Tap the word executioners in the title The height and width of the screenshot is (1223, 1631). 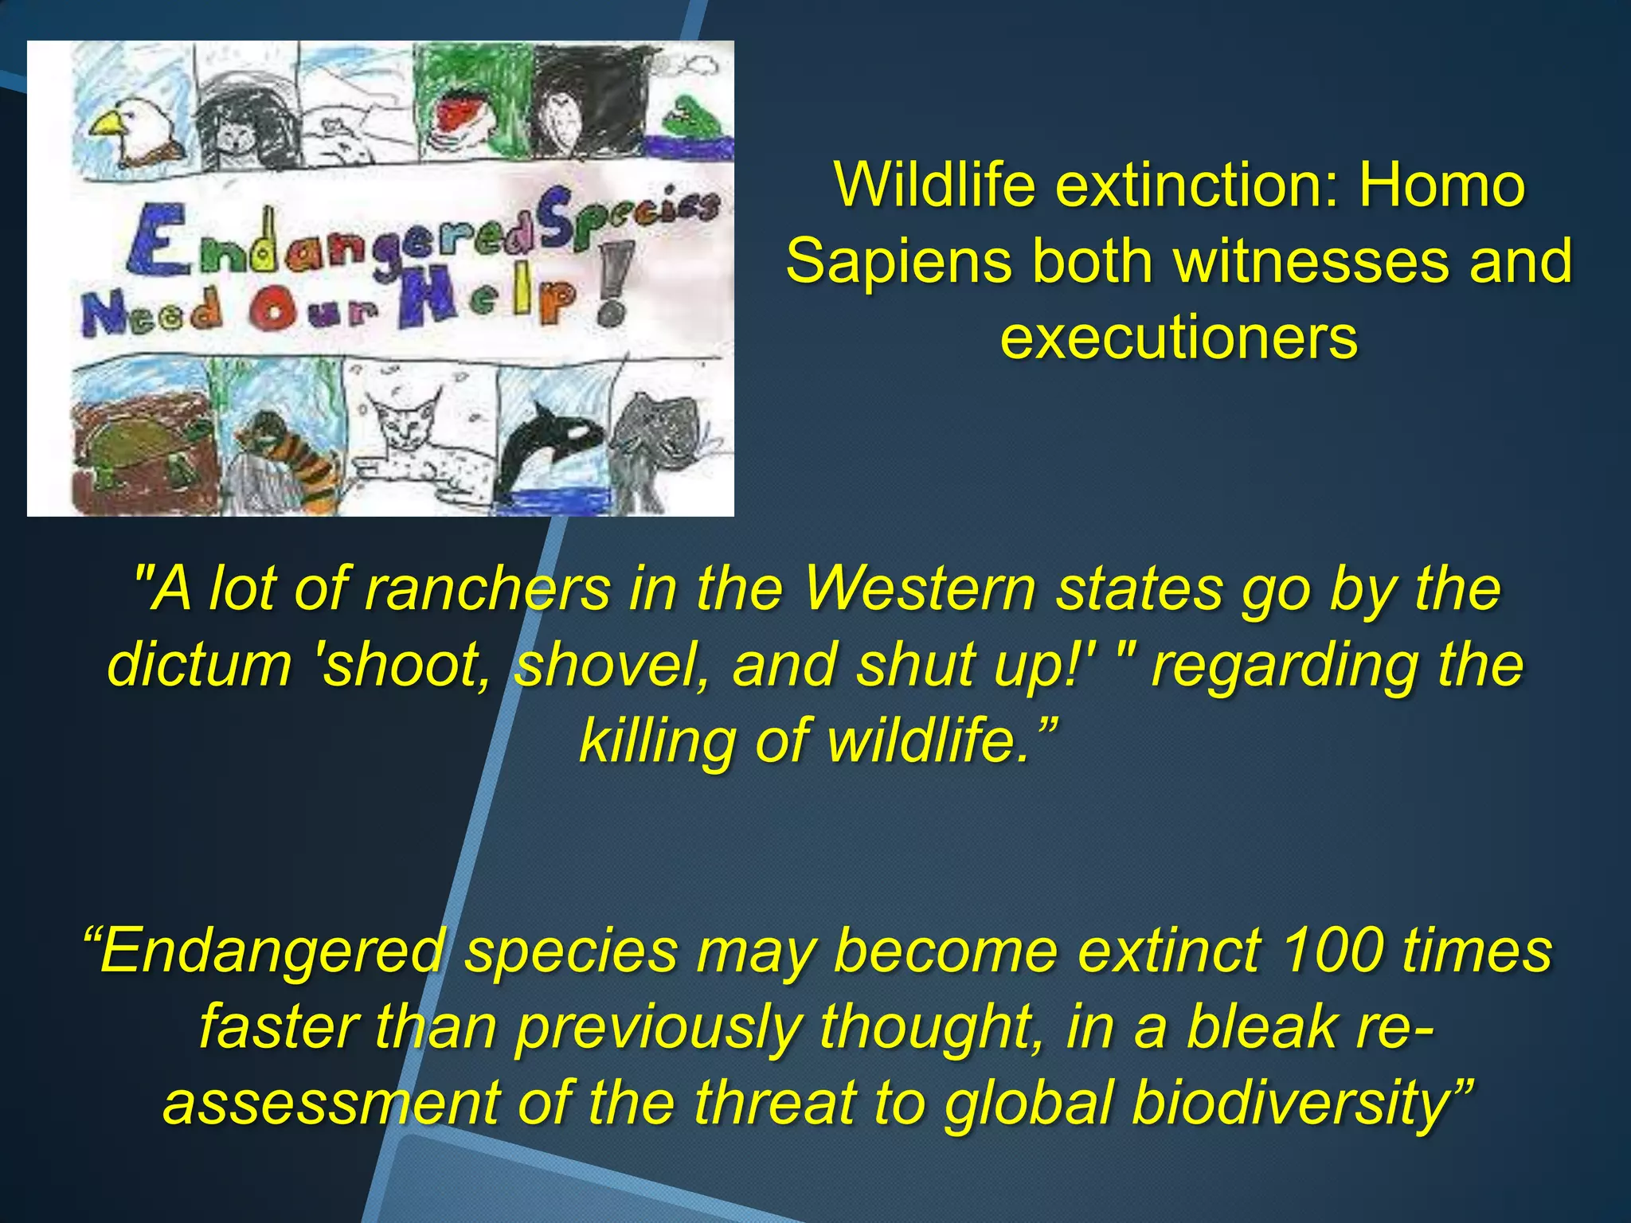point(1179,338)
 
